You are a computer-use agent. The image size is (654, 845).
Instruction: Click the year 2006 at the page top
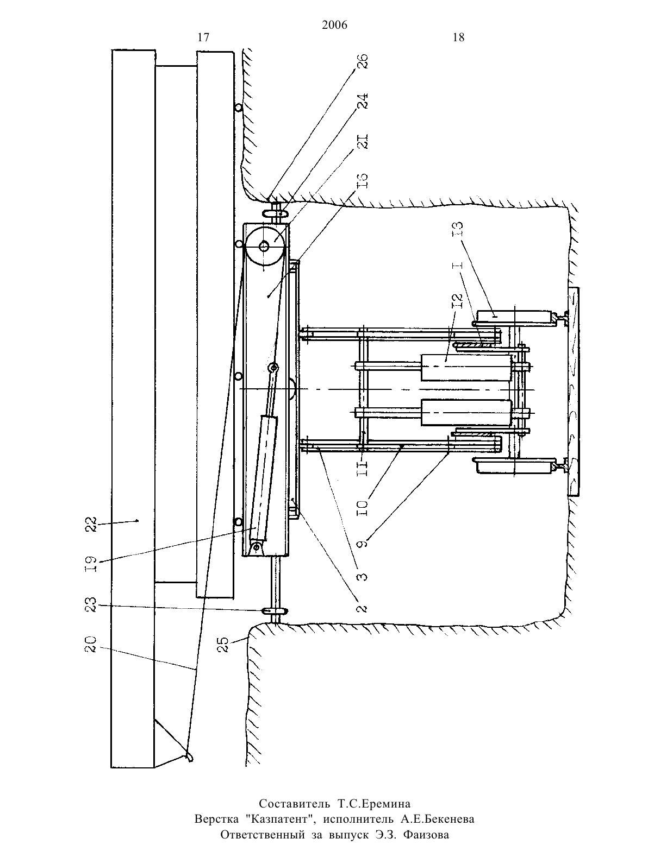click(x=334, y=25)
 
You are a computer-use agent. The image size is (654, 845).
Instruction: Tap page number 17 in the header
click(x=203, y=37)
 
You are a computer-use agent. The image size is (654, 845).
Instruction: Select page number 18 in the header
click(x=459, y=37)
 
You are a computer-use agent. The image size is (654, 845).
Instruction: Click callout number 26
click(x=362, y=61)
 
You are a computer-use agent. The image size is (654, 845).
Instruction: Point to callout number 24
click(x=362, y=101)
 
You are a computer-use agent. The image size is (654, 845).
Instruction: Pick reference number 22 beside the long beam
click(x=91, y=525)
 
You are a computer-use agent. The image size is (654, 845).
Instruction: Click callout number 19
click(x=91, y=564)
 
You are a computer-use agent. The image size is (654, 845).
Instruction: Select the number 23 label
click(x=91, y=604)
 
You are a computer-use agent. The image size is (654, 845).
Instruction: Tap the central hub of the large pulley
click(x=264, y=246)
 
